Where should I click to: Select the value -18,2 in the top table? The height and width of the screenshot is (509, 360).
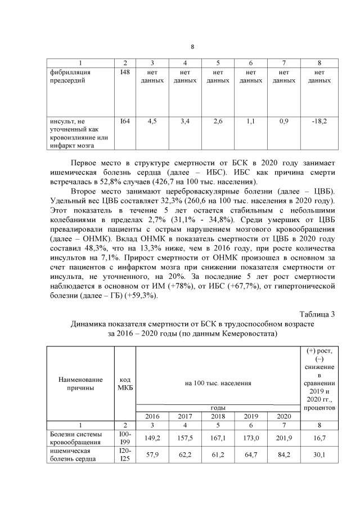click(x=319, y=120)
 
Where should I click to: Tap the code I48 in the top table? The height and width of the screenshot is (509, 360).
click(x=125, y=72)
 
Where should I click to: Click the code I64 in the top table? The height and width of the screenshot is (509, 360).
click(x=125, y=120)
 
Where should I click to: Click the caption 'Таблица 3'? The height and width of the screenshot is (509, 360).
click(x=316, y=314)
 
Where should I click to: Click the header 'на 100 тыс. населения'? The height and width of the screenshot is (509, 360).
click(x=218, y=383)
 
